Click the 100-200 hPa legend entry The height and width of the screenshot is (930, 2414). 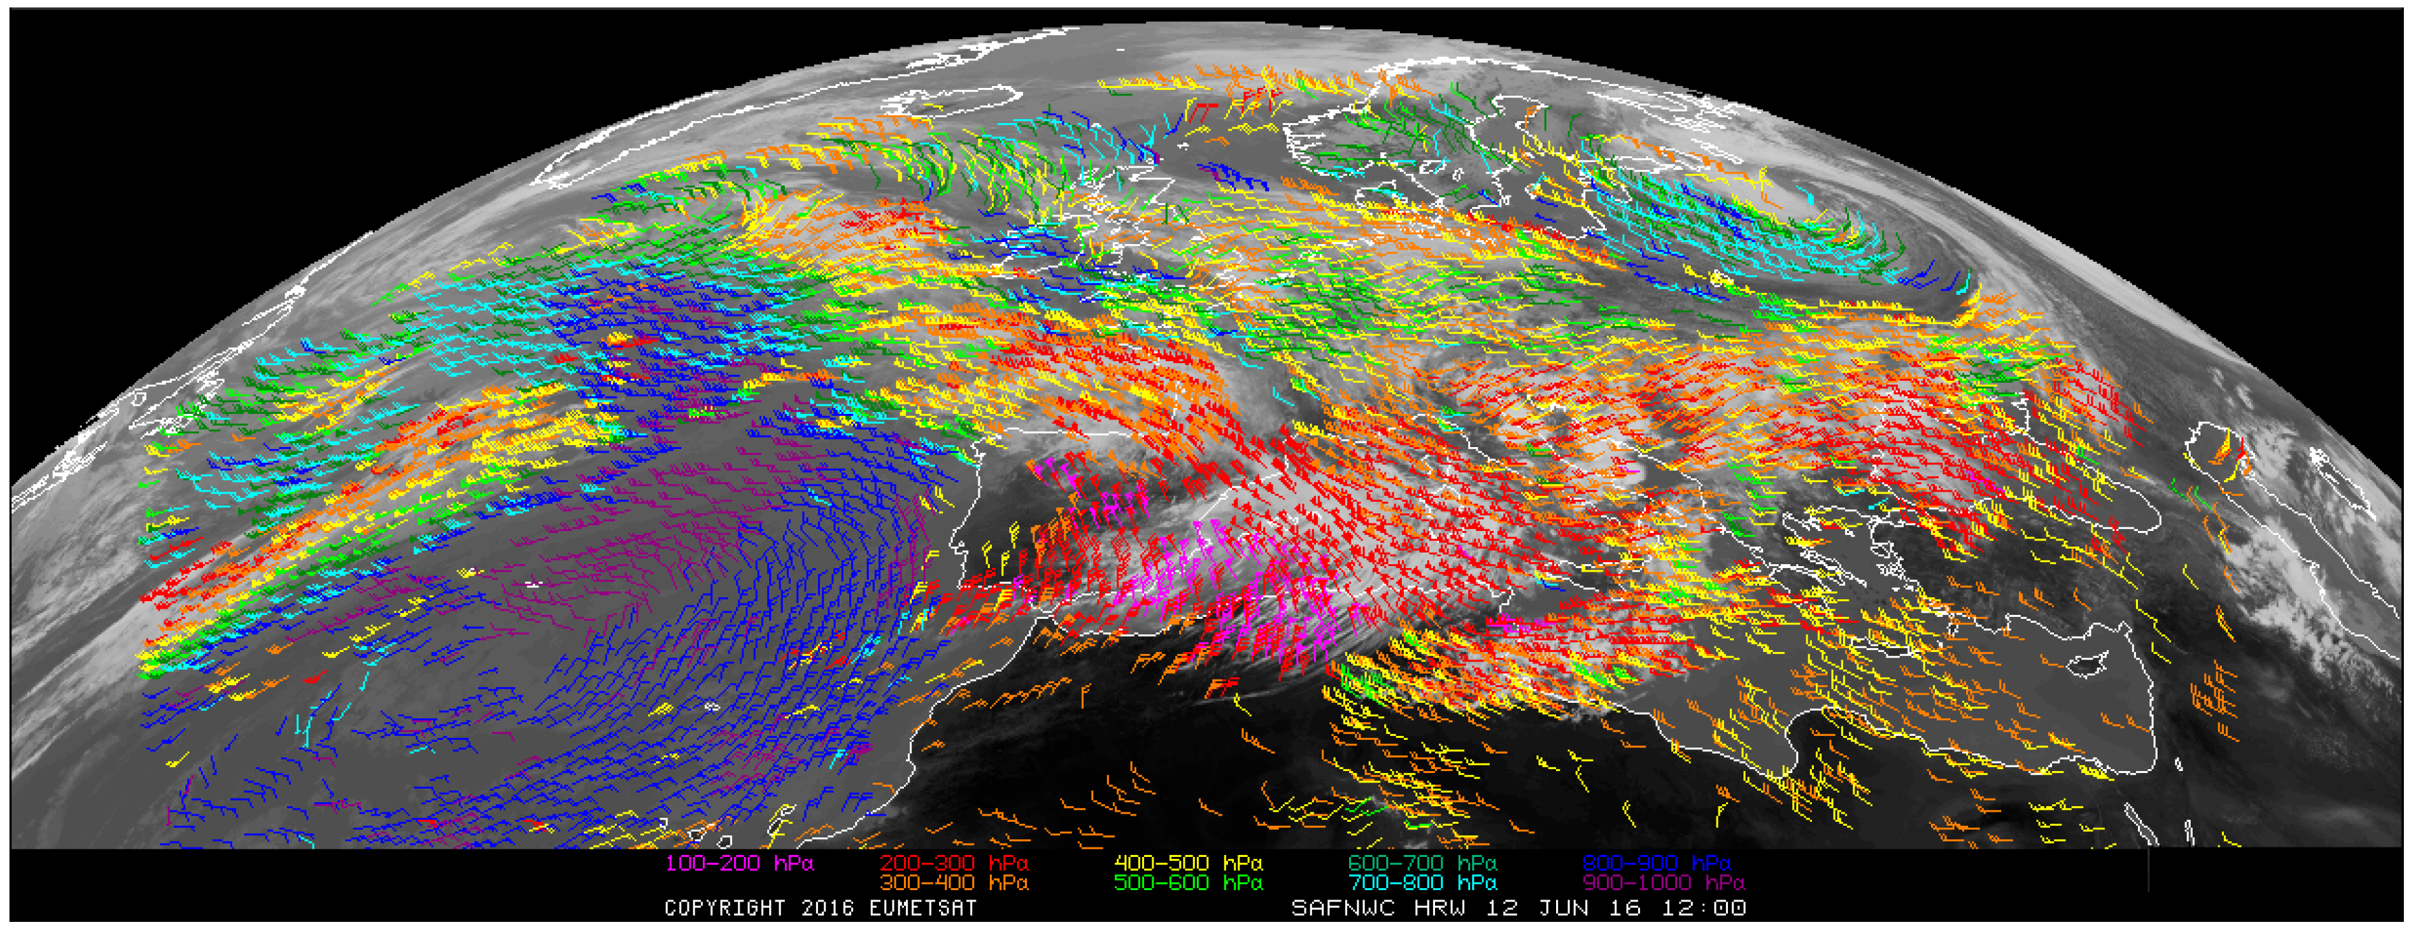pyautogui.click(x=738, y=862)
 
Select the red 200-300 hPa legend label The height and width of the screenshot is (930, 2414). pyautogui.click(x=953, y=862)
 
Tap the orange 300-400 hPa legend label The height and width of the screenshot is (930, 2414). pyautogui.click(x=953, y=882)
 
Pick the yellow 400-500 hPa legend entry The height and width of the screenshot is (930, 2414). pyautogui.click(x=1187, y=862)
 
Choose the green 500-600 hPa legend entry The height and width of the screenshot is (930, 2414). pyautogui.click(x=1187, y=882)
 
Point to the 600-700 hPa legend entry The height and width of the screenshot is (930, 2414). pyautogui.click(x=1421, y=862)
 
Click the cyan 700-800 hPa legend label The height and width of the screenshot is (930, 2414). pyautogui.click(x=1421, y=882)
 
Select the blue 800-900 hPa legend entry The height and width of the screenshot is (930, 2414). pyautogui.click(x=1656, y=862)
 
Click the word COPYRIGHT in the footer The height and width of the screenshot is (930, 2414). pyautogui.click(x=725, y=908)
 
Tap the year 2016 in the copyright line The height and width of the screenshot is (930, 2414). pyautogui.click(x=828, y=908)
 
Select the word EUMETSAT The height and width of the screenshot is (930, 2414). pyautogui.click(x=922, y=908)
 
